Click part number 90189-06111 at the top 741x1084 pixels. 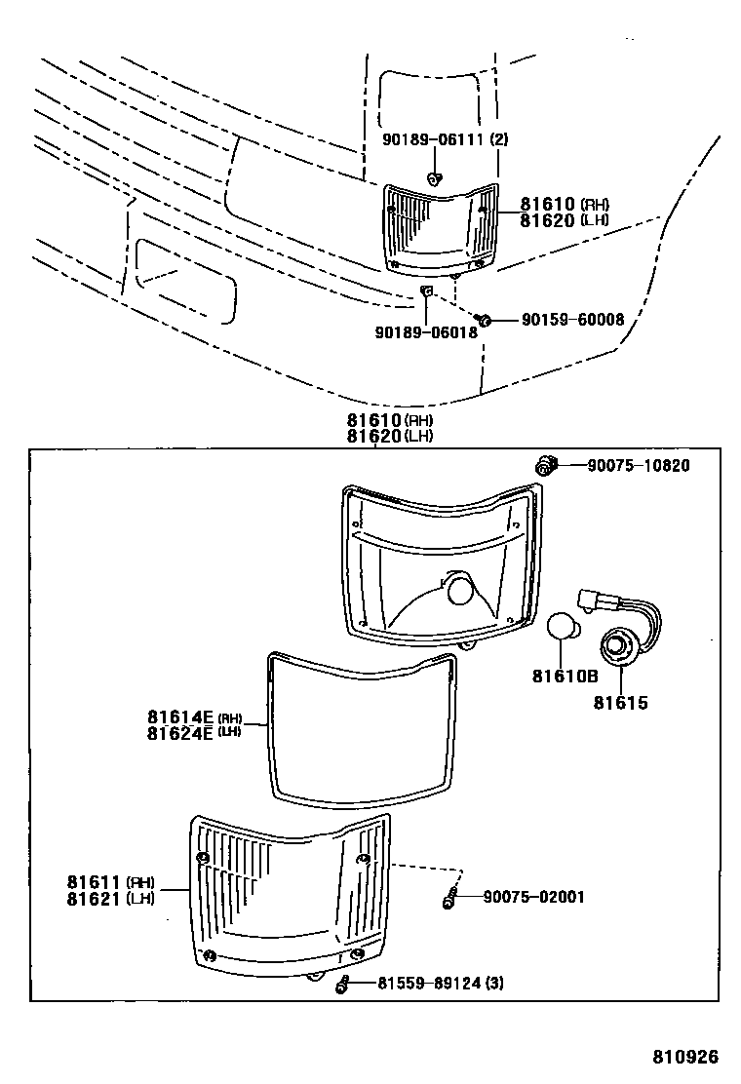[435, 140]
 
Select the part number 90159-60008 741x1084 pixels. [572, 319]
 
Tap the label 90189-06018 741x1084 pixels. [426, 331]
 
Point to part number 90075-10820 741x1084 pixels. [638, 466]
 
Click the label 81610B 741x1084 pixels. [565, 675]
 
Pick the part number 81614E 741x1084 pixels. [181, 717]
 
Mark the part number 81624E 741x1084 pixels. [181, 732]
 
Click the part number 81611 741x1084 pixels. [94, 882]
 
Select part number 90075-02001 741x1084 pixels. [534, 896]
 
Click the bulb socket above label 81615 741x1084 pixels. [616, 646]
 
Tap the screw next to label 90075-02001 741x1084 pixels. [449, 899]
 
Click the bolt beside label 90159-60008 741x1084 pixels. [483, 319]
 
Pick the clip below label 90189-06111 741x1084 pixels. [434, 178]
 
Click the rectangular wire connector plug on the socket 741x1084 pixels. [593, 598]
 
